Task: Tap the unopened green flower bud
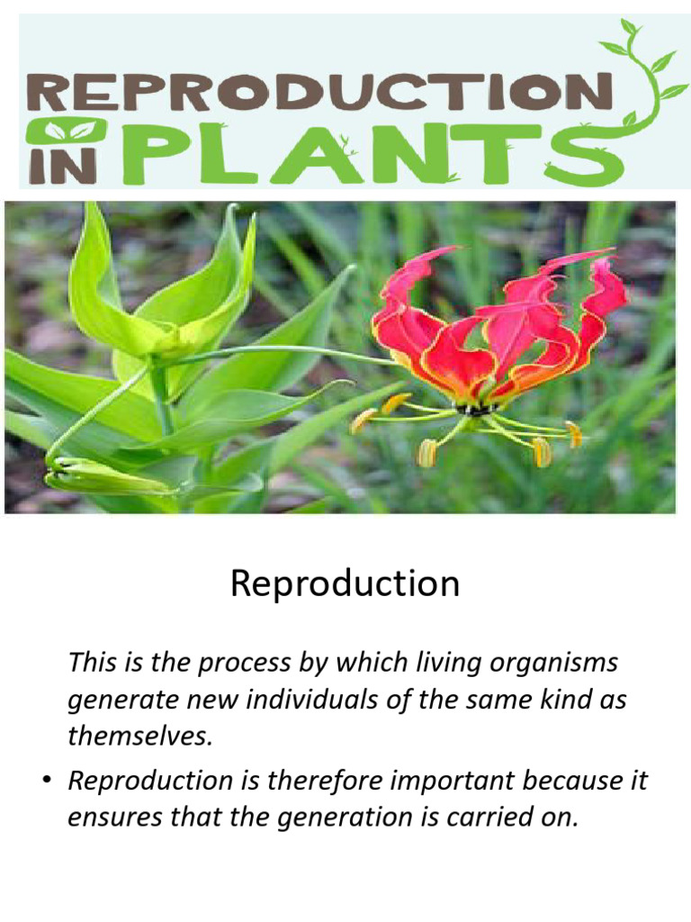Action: [x=108, y=475]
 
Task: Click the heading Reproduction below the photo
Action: [x=345, y=584]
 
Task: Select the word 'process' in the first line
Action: [x=244, y=664]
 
